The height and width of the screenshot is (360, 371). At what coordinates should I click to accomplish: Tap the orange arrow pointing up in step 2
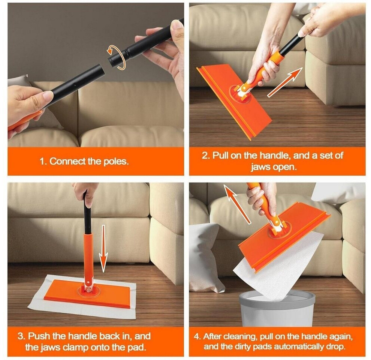point(285,82)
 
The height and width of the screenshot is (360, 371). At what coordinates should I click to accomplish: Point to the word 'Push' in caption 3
point(39,336)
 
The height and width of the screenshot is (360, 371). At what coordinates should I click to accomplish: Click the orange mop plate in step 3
point(87,293)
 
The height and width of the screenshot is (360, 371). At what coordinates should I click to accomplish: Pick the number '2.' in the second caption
point(206,156)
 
